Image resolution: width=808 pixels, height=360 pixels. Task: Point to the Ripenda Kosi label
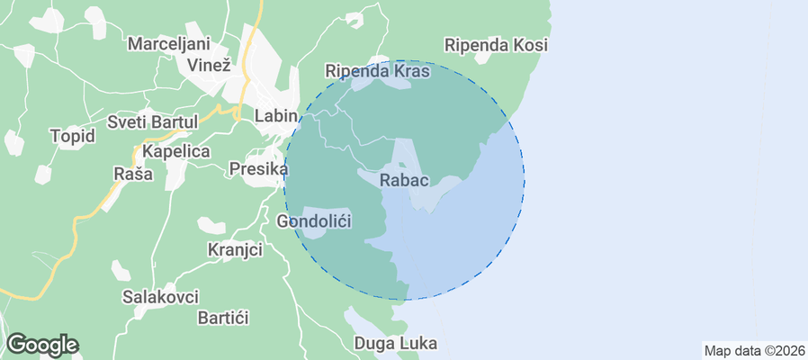(497, 44)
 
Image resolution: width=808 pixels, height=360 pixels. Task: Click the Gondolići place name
(314, 220)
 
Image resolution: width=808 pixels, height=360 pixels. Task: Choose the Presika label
(258, 168)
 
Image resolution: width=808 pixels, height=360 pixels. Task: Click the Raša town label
(131, 173)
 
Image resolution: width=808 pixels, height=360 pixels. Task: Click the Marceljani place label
(168, 44)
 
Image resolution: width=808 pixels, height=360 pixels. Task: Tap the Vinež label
(209, 65)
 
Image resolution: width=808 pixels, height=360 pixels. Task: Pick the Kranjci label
(235, 248)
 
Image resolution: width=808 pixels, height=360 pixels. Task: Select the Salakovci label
(160, 296)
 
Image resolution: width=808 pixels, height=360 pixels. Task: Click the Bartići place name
(222, 318)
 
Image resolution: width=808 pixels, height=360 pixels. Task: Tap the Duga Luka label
(396, 343)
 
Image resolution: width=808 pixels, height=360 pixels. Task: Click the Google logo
(41, 345)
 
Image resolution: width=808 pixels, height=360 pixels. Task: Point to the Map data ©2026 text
(753, 351)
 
